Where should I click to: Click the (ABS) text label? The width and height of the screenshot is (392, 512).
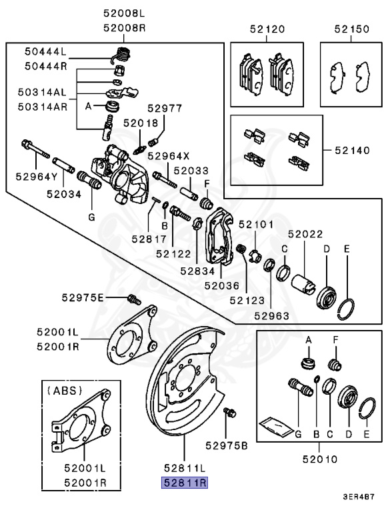64,386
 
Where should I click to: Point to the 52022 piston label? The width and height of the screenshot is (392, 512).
305,234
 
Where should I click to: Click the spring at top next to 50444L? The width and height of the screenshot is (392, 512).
122,54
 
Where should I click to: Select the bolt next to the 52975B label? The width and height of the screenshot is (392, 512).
231,414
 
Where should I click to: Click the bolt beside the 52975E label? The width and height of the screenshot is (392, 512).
132,299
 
